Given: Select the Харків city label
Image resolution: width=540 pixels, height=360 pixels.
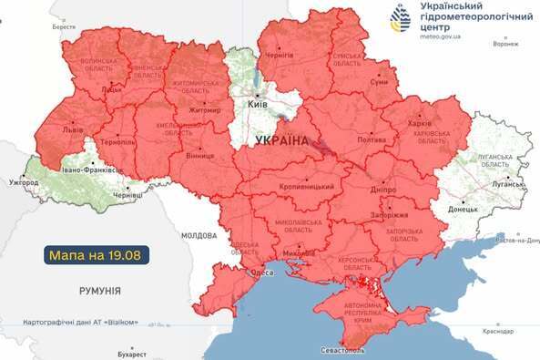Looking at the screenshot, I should tap(421, 123).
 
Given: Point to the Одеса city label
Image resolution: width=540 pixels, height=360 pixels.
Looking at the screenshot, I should tap(264, 273).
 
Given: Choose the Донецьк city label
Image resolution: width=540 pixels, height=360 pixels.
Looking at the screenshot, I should tap(463, 208).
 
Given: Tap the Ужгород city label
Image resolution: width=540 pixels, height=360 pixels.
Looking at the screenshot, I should tap(24, 183).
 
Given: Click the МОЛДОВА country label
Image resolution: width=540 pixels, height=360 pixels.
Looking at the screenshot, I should tap(199, 235).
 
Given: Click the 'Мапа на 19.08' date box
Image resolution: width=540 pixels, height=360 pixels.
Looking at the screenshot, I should tap(95, 254).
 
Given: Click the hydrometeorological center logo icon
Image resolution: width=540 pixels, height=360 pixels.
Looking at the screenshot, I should tap(402, 19).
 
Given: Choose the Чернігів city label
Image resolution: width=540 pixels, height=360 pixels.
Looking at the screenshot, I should tap(279, 56).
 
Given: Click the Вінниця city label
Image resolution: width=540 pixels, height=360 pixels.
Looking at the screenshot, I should tap(199, 156).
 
